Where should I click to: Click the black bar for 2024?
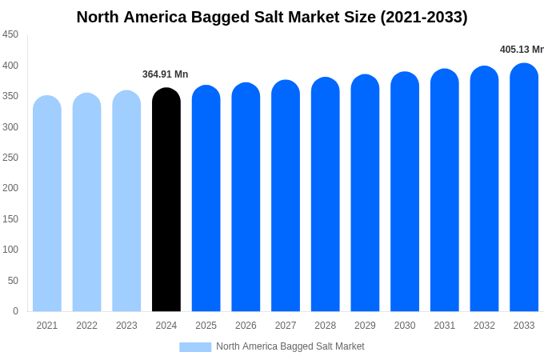pyautogui.click(x=166, y=200)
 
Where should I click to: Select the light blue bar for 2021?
pyautogui.click(x=47, y=204)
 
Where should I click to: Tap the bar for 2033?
pyautogui.click(x=524, y=188)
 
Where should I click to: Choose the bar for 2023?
pyautogui.click(x=126, y=201)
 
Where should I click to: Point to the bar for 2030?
pyautogui.click(x=405, y=192)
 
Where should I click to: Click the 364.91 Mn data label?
pyautogui.click(x=166, y=74)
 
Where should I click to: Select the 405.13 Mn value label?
pyautogui.click(x=522, y=50)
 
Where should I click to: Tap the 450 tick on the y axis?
pyautogui.click(x=10, y=34)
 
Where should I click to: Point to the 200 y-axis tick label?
pyautogui.click(x=10, y=188)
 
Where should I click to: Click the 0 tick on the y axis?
pyautogui.click(x=15, y=311)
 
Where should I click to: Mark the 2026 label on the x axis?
pyautogui.click(x=246, y=326)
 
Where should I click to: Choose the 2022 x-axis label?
pyautogui.click(x=86, y=326)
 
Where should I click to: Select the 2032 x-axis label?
pyautogui.click(x=484, y=326)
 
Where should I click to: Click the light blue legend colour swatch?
pyautogui.click(x=195, y=347)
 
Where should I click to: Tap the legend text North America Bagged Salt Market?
pyautogui.click(x=290, y=346)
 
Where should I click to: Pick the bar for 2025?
pyautogui.click(x=206, y=198)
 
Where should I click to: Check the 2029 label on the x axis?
pyautogui.click(x=365, y=326)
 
